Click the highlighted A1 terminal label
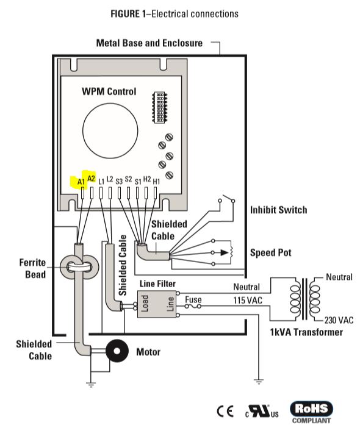pos(81,182)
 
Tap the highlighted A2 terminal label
pos(92,179)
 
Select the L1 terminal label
pos(101,182)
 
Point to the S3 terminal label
pos(119,182)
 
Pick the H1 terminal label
pos(156,182)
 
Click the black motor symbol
pos(117,351)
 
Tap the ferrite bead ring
pos(79,267)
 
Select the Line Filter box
pos(157,304)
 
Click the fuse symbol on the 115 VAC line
pos(193,306)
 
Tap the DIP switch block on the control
pos(159,107)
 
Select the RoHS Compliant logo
pos(311,412)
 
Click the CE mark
pos(225,411)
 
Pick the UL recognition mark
pos(262,412)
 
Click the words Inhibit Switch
pos(279,210)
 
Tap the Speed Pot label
pos(271,252)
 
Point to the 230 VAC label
pos(339,320)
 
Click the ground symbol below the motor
pos(91,385)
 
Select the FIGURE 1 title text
pos(175,13)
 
